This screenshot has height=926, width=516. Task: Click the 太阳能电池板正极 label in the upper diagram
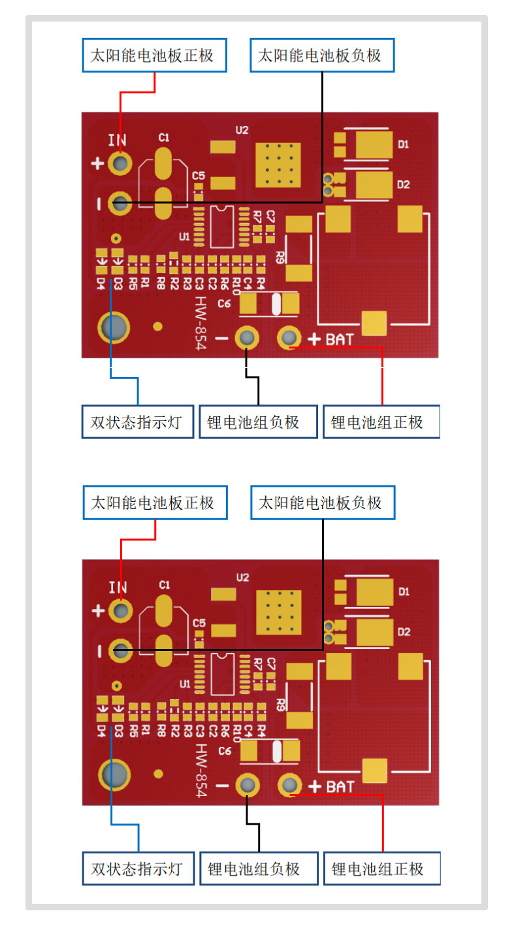[x=155, y=56]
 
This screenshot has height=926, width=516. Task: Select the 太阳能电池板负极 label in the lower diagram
[x=323, y=503]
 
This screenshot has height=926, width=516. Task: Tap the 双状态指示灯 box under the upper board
[x=137, y=422]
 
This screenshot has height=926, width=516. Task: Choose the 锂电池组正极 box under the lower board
[x=381, y=869]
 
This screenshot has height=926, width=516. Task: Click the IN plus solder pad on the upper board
[x=120, y=163]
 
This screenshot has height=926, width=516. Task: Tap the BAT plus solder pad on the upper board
[x=289, y=338]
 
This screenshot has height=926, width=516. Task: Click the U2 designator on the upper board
[x=242, y=130]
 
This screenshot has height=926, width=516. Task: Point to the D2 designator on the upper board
[x=404, y=185]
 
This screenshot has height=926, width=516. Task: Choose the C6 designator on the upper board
[x=225, y=303]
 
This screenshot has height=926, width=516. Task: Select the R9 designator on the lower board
[x=280, y=704]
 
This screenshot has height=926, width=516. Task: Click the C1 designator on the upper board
[x=164, y=138]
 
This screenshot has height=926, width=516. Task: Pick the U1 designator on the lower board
[x=185, y=684]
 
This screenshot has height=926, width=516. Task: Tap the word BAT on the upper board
[x=340, y=339]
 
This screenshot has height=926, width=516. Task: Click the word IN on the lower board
[x=118, y=587]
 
